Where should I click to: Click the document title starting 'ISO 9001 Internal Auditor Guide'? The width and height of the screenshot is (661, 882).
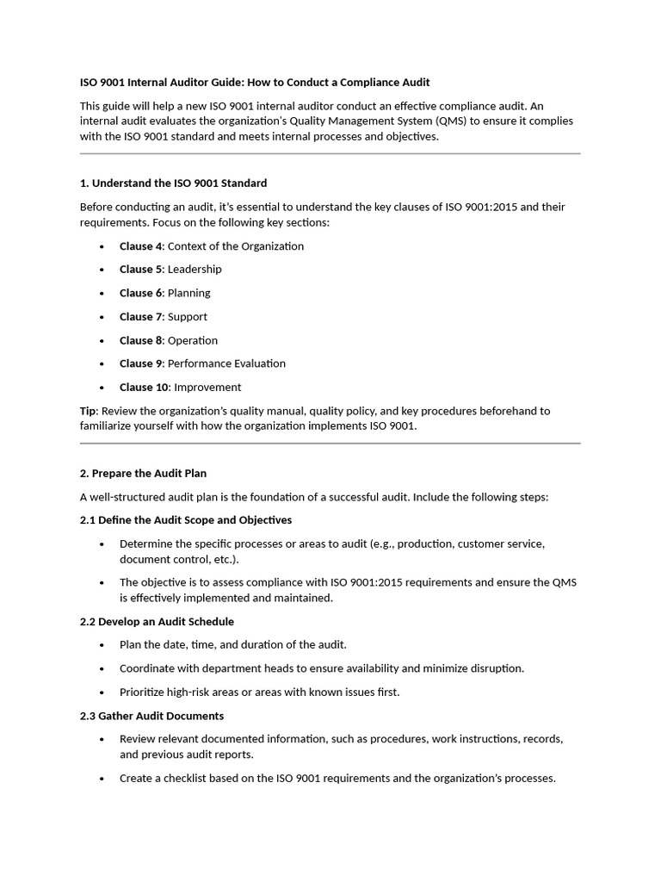coord(255,83)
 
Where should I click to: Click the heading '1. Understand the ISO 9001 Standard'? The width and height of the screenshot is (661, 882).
coord(173,183)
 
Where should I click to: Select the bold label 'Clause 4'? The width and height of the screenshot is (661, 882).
coord(140,246)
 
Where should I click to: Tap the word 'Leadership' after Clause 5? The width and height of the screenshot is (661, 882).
coord(195,270)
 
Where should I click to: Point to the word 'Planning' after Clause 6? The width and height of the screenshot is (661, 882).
coord(188,293)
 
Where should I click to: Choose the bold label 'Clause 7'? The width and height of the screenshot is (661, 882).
coord(140,317)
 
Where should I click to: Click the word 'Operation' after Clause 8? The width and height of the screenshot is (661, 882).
coord(193,340)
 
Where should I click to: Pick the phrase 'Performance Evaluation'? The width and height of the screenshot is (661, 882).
coord(226,363)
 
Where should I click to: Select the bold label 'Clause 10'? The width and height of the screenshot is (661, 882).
coord(144,388)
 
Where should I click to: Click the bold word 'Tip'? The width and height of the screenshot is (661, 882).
coord(89,411)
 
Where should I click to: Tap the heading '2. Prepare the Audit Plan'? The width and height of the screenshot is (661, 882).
coord(143,474)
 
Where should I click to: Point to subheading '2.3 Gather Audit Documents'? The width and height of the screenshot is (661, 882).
coord(151,716)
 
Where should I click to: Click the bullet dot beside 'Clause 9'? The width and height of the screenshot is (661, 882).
coord(102,364)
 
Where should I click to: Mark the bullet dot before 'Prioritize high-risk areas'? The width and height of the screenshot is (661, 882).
coord(102,693)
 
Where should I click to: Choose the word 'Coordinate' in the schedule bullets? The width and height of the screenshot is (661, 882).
coord(148,668)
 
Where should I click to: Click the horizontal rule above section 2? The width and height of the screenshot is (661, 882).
coord(330,444)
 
